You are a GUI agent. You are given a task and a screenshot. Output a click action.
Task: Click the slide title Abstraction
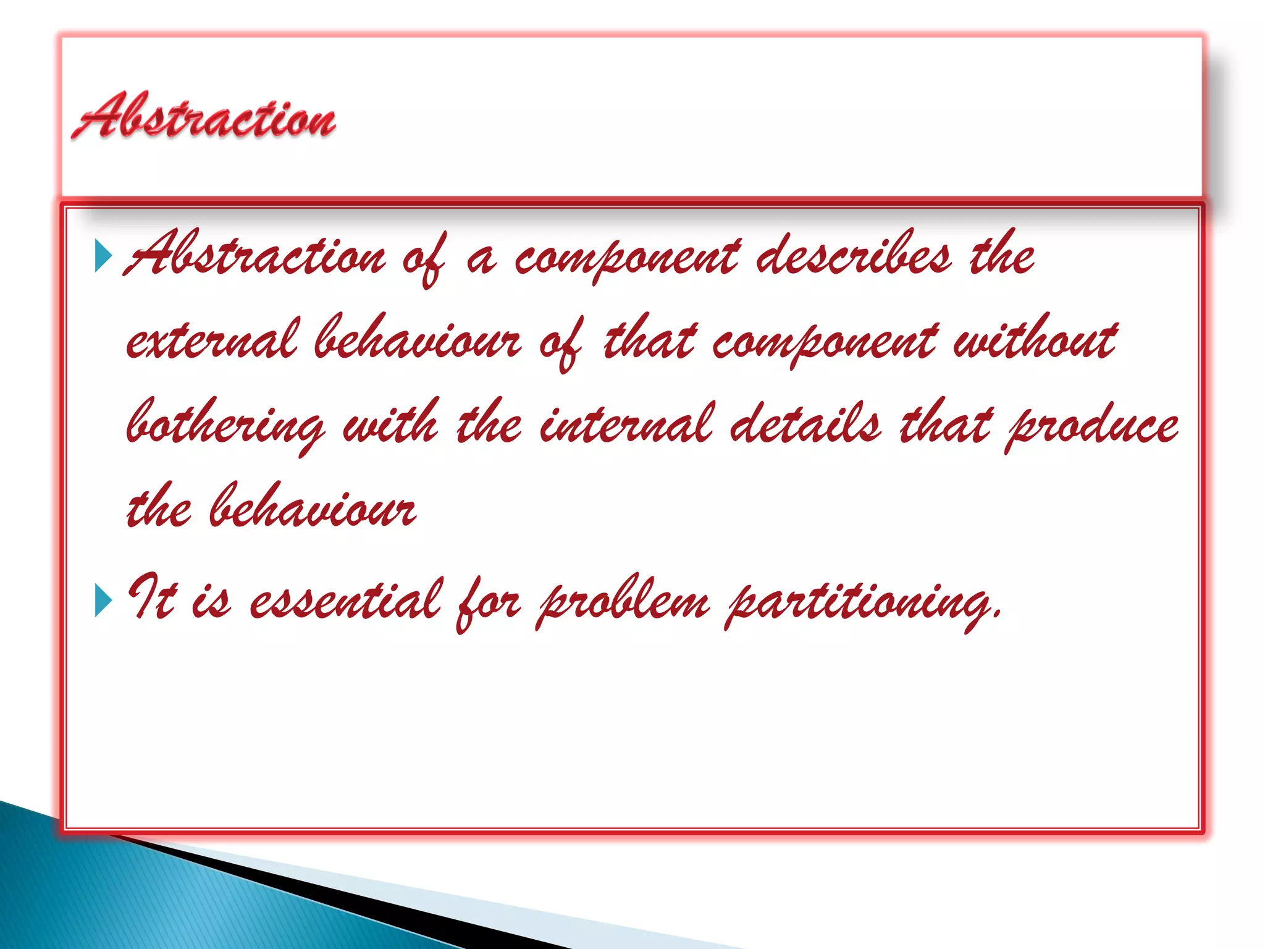(204, 116)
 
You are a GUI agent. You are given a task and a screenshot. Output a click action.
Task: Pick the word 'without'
(1035, 340)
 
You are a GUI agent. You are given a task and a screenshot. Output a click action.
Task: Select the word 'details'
(806, 425)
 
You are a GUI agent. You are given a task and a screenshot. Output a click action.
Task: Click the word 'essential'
(346, 601)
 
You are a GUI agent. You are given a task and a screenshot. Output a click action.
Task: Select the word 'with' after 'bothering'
(390, 425)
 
